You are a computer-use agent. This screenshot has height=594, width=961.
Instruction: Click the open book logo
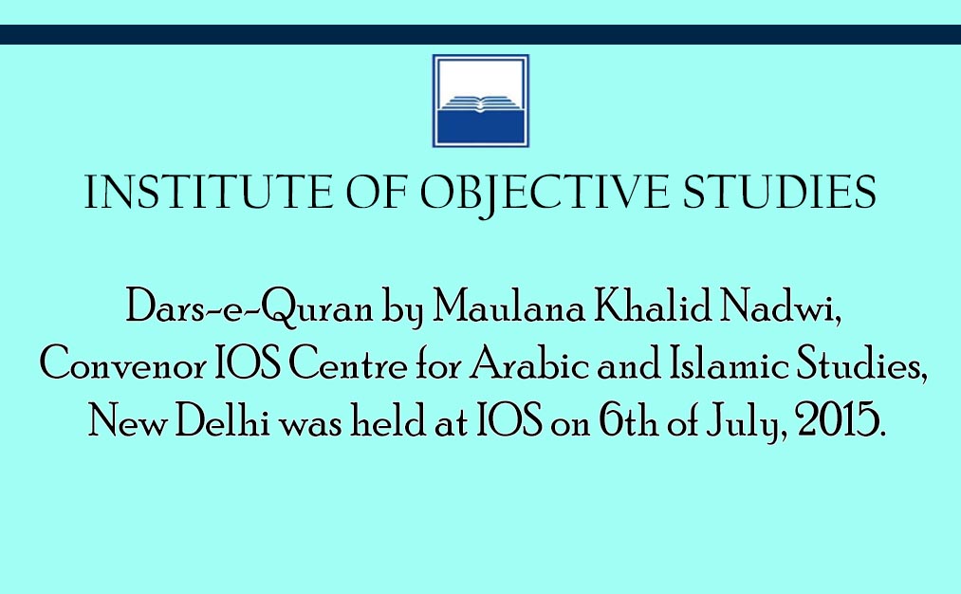coord(480,102)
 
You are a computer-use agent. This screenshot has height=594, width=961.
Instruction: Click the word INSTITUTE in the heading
coord(208,193)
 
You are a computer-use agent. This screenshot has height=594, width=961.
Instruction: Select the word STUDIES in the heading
coord(780,193)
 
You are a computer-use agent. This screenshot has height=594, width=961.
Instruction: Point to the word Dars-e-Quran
coord(249,307)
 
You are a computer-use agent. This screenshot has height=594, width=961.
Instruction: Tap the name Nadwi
coord(779,306)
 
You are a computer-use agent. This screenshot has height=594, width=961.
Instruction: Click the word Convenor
coord(123,364)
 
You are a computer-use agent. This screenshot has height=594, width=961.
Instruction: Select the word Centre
coord(347,364)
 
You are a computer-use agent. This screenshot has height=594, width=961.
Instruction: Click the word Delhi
coord(223,420)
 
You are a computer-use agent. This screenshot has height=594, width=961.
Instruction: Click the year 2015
coord(841,420)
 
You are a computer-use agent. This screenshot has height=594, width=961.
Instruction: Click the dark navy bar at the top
coord(480,34)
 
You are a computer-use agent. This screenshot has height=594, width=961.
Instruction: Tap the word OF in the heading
coord(377,193)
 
